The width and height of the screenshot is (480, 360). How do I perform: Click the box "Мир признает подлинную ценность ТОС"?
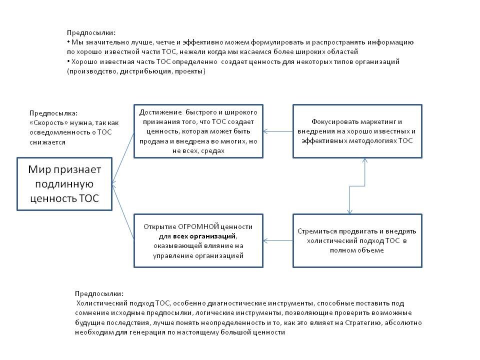click(64, 184)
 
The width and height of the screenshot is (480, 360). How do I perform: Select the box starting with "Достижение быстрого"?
click(198, 131)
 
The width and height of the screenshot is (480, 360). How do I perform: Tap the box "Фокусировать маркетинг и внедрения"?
click(357, 131)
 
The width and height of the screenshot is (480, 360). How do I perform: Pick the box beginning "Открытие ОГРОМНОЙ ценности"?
click(198, 240)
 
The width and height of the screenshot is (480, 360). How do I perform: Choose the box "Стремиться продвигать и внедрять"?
click(357, 240)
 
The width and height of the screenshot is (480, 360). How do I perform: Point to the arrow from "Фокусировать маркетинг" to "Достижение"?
click(278, 131)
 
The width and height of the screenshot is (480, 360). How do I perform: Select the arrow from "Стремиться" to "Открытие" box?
click(278, 240)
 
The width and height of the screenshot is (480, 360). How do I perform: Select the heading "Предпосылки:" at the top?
click(90, 32)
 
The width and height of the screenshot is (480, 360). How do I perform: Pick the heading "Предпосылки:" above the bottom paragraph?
click(99, 293)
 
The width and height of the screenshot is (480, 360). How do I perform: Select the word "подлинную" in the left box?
click(64, 184)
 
